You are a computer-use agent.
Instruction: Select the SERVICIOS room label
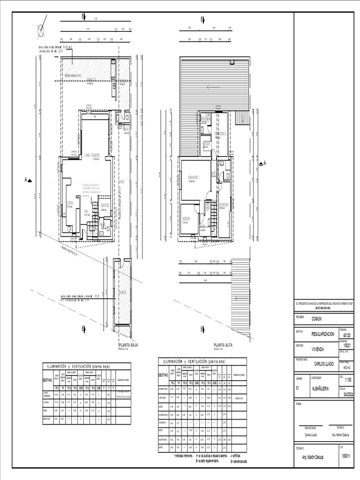pos(105,205)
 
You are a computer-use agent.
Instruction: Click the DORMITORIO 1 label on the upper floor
pos(194,178)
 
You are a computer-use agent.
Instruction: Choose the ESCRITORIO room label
pos(224,204)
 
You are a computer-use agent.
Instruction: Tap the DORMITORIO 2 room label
pos(221,134)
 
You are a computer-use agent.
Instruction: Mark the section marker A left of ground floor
pos(28,180)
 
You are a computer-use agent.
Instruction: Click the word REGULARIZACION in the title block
pos(323,334)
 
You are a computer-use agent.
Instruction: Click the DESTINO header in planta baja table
pos(47,380)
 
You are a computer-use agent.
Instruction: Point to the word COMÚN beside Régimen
pos(317,318)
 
